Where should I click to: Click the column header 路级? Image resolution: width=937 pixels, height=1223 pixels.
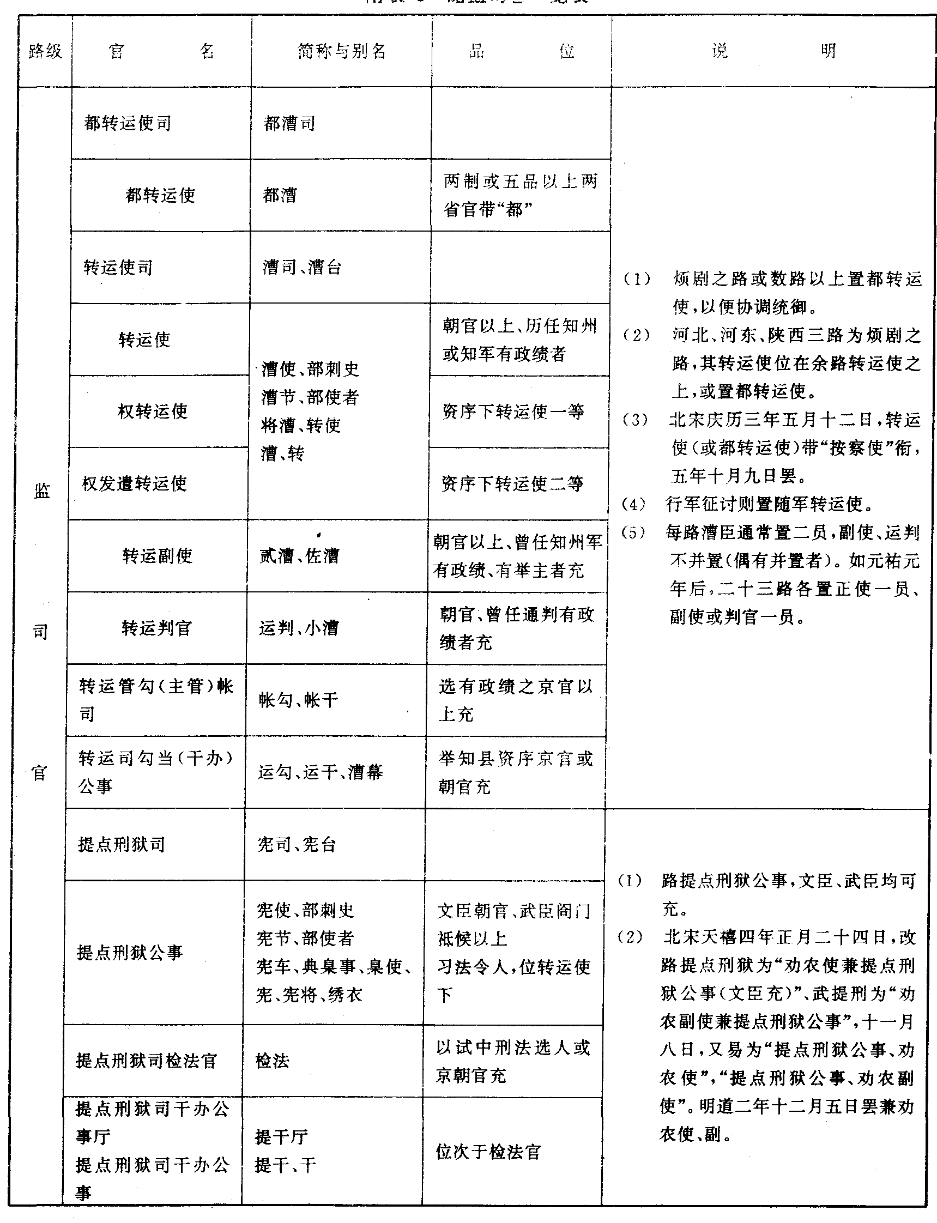point(45,52)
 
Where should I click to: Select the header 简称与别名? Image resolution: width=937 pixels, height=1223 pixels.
point(341,52)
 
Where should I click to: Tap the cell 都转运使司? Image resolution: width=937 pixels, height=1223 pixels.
point(128,123)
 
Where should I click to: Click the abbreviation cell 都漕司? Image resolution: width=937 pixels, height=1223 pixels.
point(289,123)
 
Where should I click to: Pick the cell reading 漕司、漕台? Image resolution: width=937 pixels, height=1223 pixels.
point(302,268)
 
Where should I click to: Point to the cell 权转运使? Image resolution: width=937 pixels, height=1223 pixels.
point(153,411)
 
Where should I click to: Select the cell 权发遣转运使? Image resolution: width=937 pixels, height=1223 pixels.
point(135,483)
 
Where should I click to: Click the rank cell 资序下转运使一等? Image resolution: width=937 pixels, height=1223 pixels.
point(513,411)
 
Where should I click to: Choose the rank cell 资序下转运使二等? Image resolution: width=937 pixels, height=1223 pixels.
point(512,483)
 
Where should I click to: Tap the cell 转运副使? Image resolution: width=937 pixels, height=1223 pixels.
point(158,555)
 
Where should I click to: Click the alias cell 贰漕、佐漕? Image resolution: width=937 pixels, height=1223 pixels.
point(299,555)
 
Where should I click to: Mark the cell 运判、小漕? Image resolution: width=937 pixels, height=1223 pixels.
point(298,628)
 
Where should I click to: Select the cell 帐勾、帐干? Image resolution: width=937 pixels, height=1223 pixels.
point(298,700)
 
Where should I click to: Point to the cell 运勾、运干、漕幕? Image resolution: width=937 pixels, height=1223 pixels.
point(320,772)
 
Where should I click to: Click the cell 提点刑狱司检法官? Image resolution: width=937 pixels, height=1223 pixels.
point(146,1060)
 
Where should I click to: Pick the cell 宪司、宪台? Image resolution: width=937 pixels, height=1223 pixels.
point(297,844)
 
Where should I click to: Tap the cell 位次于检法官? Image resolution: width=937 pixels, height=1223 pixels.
point(488,1152)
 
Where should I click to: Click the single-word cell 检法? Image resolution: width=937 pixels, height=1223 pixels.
point(273,1060)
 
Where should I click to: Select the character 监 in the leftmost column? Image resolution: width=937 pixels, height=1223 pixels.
point(42,491)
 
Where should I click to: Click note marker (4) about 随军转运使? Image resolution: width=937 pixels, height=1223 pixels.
point(633,505)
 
